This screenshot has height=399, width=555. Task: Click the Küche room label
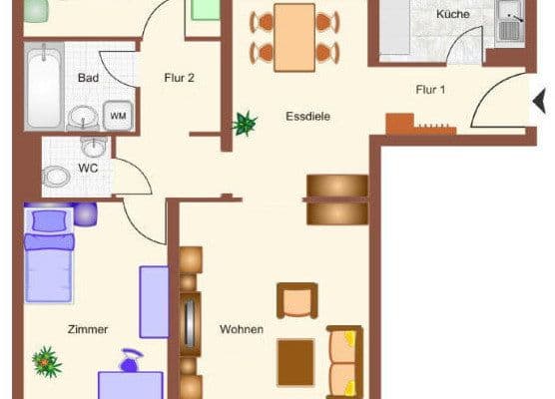click(x=452, y=16)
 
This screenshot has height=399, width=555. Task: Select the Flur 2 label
click(x=178, y=77)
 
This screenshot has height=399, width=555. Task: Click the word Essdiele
click(x=306, y=116)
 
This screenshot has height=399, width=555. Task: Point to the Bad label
click(x=87, y=77)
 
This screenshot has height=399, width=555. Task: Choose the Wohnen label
click(x=243, y=329)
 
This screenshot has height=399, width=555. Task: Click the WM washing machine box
click(x=118, y=116)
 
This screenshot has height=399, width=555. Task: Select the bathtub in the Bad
click(x=44, y=87)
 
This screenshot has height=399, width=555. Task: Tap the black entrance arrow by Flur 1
click(x=540, y=101)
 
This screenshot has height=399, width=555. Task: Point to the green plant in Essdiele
click(x=244, y=124)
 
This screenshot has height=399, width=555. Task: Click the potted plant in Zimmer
click(x=45, y=360)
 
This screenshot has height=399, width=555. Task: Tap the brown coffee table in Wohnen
click(x=295, y=355)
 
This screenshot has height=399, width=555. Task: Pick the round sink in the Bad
click(x=80, y=117)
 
